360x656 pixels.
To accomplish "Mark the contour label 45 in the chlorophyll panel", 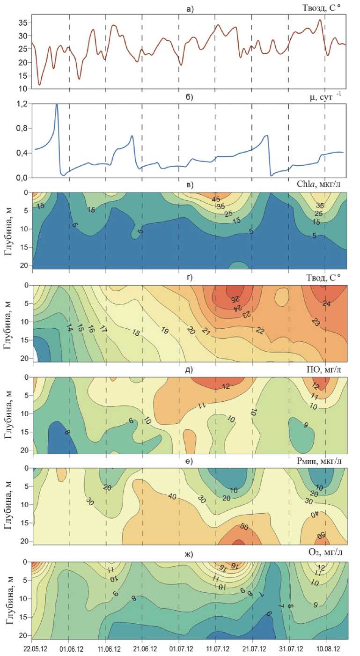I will point(216,199).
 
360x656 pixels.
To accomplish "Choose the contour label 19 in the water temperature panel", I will point(164,330).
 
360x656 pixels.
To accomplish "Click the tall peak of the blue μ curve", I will point(57,105).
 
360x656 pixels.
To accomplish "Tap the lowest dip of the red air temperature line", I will point(40,85).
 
